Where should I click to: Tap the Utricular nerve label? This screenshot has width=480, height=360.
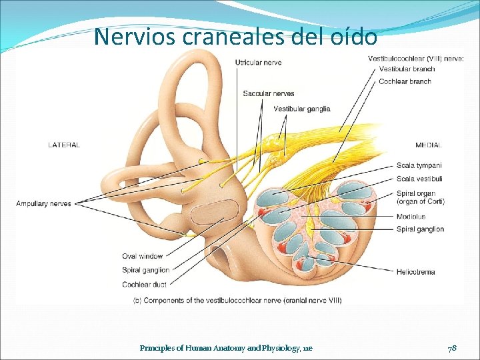[258, 63]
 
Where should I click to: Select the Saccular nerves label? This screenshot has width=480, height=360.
[268, 93]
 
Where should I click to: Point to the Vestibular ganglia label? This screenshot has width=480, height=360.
[301, 109]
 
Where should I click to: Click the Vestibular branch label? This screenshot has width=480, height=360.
[406, 69]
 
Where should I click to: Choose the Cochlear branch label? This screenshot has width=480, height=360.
[405, 81]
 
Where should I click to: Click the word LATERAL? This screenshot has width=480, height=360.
[64, 145]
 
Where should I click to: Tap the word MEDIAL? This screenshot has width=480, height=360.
[428, 145]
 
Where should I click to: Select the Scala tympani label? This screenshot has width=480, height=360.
[419, 165]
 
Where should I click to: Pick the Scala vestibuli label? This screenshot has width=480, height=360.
[419, 179]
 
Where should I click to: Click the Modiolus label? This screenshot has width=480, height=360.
[411, 217]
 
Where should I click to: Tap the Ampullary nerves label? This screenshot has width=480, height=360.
[43, 203]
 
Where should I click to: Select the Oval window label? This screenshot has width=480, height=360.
[142, 256]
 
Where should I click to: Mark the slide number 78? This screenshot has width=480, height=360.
[451, 348]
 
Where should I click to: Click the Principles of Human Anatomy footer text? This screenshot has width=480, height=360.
[226, 348]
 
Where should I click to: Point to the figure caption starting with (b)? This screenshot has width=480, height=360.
[237, 301]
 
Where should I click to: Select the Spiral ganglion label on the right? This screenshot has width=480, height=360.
[420, 229]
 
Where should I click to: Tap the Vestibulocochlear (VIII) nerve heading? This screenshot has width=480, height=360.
[415, 59]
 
